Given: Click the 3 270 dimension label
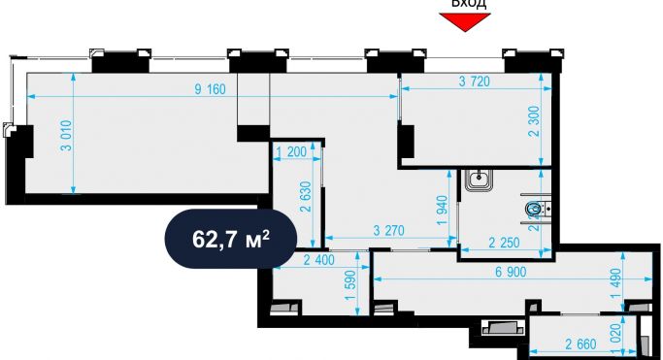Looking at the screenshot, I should coord(390,231).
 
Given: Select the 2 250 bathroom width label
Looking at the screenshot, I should coord(505,243).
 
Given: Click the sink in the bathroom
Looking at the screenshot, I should coord(479,180).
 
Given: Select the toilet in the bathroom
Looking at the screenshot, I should coord(533,209).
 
